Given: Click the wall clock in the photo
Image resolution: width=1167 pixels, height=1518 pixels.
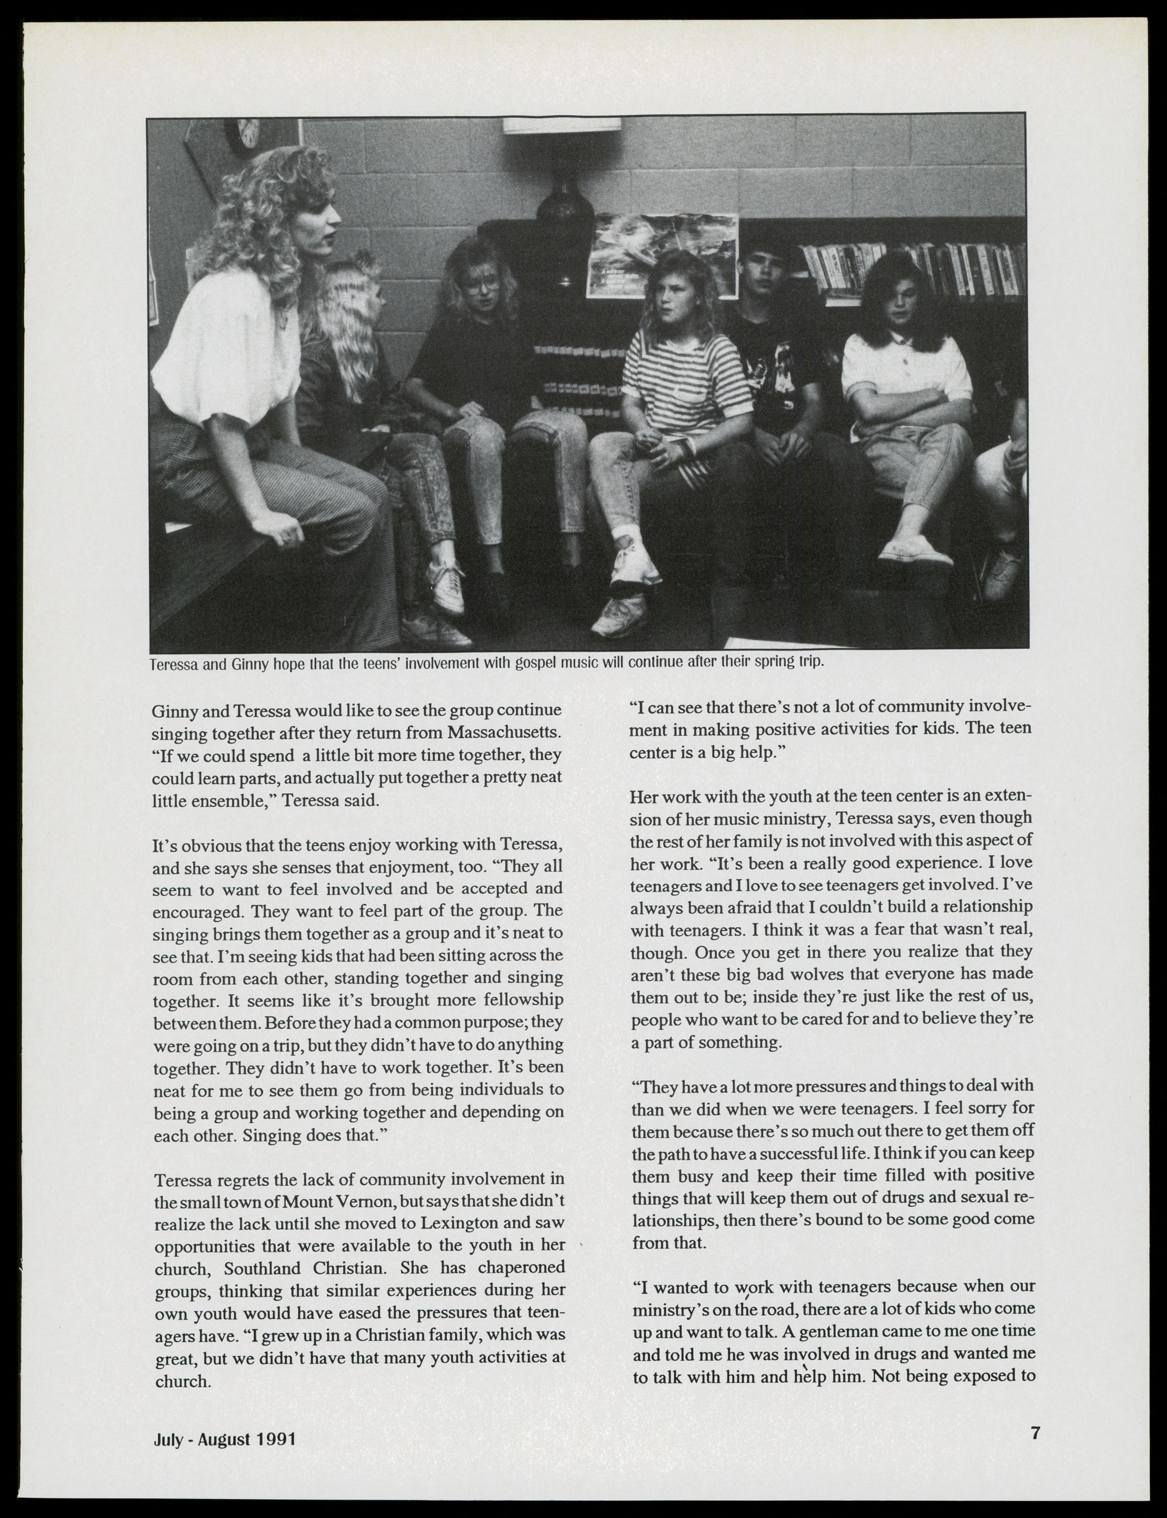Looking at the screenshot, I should tap(245, 133).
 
